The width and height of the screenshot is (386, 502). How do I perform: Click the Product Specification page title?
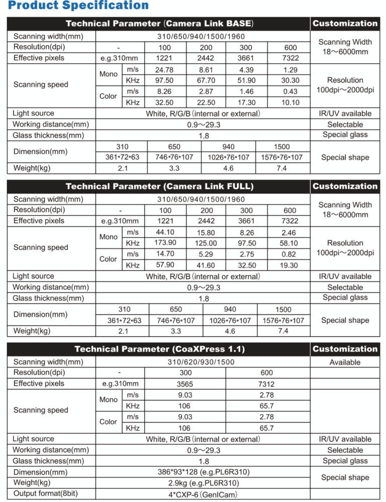pos(79,7)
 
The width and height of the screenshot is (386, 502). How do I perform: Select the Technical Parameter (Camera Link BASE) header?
pos(159,24)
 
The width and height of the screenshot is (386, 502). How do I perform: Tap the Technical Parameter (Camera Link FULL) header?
pos(159,187)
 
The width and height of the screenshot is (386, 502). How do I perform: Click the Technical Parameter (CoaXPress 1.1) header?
pos(159,349)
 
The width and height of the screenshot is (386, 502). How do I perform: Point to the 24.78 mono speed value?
pos(164,70)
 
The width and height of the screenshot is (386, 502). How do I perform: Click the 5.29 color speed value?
pos(206,255)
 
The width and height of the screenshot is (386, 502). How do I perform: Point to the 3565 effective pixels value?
pos(184,384)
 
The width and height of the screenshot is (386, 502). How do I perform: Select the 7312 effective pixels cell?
pos(267,384)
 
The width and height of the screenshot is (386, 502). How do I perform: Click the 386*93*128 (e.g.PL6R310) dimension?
pos(203,472)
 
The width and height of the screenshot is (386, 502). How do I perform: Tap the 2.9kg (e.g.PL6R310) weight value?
pos(203,483)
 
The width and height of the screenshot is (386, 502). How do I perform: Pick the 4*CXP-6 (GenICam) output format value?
pos(203,494)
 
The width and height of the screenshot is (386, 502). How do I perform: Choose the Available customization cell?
pos(345,362)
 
